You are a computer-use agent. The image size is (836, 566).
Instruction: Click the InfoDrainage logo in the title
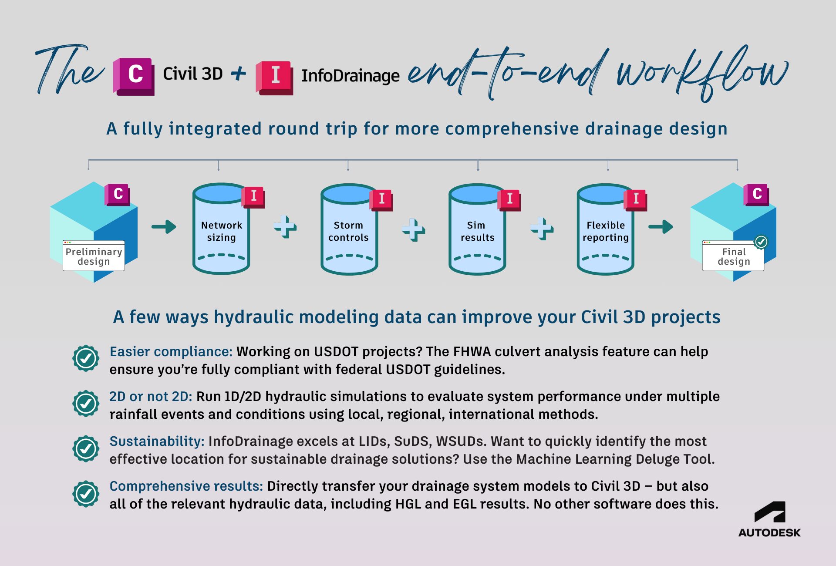[x=274, y=77]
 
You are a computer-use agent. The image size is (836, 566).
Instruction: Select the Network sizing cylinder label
[x=221, y=231]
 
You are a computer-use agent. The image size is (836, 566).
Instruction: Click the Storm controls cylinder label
[x=348, y=231]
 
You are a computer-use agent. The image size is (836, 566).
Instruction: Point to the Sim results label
[x=477, y=231]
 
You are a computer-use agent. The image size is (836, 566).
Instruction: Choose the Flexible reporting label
[x=605, y=231]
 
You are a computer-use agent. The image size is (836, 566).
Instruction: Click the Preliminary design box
[x=94, y=256]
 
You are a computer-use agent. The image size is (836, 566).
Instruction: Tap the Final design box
[x=733, y=256]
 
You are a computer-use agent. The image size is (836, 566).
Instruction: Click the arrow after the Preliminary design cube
[x=164, y=226]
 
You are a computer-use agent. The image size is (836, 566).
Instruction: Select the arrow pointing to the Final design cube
[x=661, y=226]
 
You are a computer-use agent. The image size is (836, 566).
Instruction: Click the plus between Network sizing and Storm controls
[x=285, y=226]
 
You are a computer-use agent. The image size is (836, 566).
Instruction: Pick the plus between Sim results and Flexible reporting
[x=542, y=228]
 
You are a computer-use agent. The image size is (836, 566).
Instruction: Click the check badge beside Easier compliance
[x=86, y=358]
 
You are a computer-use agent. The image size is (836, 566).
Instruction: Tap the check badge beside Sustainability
[x=86, y=448]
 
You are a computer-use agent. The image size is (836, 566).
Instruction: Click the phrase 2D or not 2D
[x=150, y=396]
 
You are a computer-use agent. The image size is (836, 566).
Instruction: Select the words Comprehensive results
[x=186, y=486]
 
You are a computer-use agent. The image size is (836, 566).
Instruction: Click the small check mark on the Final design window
[x=761, y=242]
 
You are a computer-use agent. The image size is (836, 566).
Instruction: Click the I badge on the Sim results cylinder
[x=509, y=199]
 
